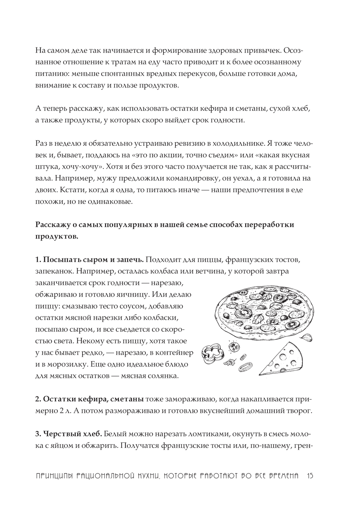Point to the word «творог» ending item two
coord(298,411)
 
